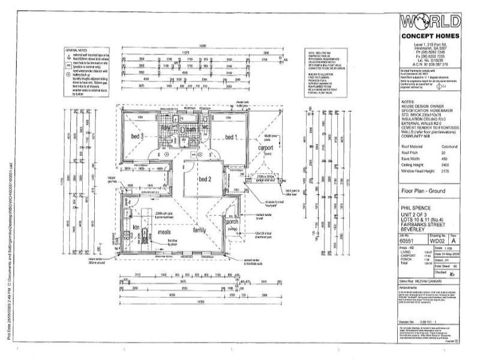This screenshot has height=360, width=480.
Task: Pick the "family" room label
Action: click(199, 230)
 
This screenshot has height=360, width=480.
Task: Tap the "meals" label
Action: click(164, 231)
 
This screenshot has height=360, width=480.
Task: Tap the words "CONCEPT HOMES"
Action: click(430, 37)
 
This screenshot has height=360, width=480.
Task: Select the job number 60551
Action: click(407, 240)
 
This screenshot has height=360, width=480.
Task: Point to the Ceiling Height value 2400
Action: click(446, 163)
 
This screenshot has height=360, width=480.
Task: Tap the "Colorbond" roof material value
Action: click(449, 146)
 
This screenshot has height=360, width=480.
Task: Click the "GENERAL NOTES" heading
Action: click(80, 50)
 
